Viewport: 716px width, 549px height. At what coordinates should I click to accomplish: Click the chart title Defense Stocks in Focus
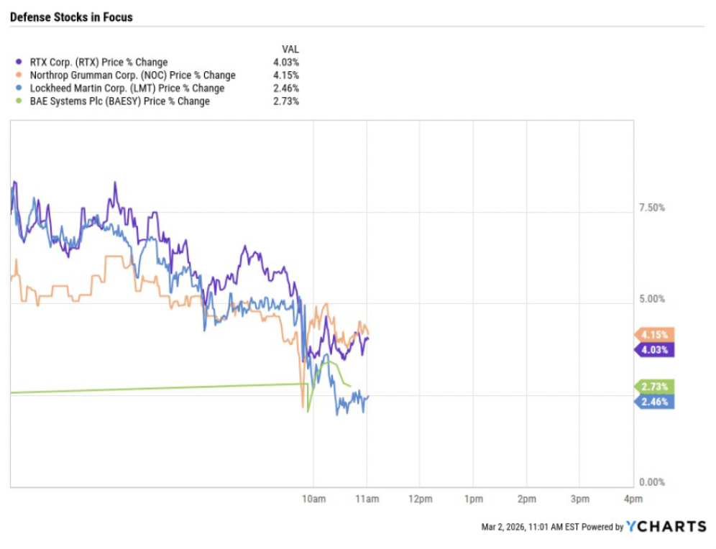pyautogui.click(x=71, y=17)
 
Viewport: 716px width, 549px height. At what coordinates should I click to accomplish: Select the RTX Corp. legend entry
pyautogui.click(x=98, y=62)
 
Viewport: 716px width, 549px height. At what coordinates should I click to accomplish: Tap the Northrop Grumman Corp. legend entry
pyautogui.click(x=132, y=75)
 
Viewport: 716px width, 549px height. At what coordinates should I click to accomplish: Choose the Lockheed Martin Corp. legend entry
pyautogui.click(x=127, y=88)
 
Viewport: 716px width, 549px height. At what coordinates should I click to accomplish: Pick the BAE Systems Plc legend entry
pyautogui.click(x=119, y=101)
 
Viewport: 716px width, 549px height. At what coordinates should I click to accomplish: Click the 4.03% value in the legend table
pyautogui.click(x=287, y=62)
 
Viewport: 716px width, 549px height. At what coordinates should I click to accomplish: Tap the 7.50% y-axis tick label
pyautogui.click(x=652, y=208)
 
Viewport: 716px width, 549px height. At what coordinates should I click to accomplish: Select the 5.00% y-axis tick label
pyautogui.click(x=652, y=300)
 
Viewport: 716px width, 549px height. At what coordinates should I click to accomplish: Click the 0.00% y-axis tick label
pyautogui.click(x=652, y=482)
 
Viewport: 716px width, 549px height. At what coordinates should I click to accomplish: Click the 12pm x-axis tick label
pyautogui.click(x=420, y=499)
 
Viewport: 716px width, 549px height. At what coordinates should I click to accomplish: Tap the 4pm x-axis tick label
pyautogui.click(x=633, y=499)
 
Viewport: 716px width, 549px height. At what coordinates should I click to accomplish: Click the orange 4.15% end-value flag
pyautogui.click(x=654, y=334)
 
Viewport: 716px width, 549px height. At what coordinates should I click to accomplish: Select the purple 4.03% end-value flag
pyautogui.click(x=654, y=350)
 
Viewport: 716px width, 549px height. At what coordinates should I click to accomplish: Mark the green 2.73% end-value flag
pyautogui.click(x=654, y=387)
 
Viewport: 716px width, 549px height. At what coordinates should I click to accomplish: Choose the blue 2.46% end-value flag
pyautogui.click(x=654, y=402)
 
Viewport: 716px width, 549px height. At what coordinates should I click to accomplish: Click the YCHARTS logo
pyautogui.click(x=666, y=527)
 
